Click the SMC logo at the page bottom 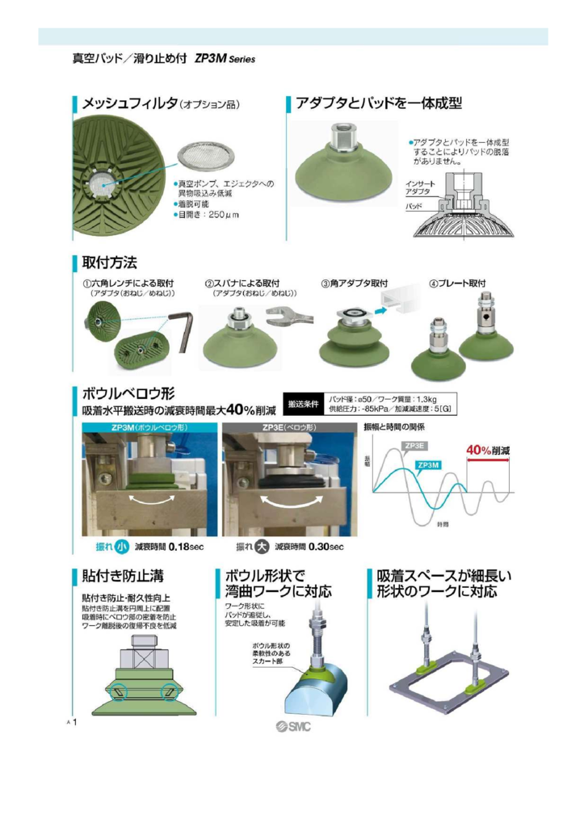click(292, 725)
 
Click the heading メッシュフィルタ click(129, 104)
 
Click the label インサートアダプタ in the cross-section click(419, 188)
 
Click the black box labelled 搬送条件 click(304, 403)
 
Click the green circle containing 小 click(122, 546)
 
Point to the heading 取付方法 click(110, 262)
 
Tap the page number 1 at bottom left click(75, 721)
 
